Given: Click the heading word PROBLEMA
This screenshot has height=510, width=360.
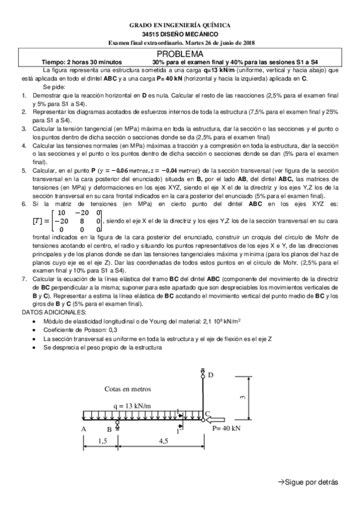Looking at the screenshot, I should point(180,54).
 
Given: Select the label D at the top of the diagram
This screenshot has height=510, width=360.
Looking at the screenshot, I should point(210,375).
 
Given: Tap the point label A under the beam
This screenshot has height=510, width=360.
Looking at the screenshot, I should point(83,429).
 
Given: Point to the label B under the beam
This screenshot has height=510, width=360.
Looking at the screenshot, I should point(109,429).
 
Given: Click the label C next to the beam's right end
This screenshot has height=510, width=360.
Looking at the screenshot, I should point(207,414).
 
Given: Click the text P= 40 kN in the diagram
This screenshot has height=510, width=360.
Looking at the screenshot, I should point(227,429).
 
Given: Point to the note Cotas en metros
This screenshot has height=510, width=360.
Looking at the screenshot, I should point(128,389).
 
